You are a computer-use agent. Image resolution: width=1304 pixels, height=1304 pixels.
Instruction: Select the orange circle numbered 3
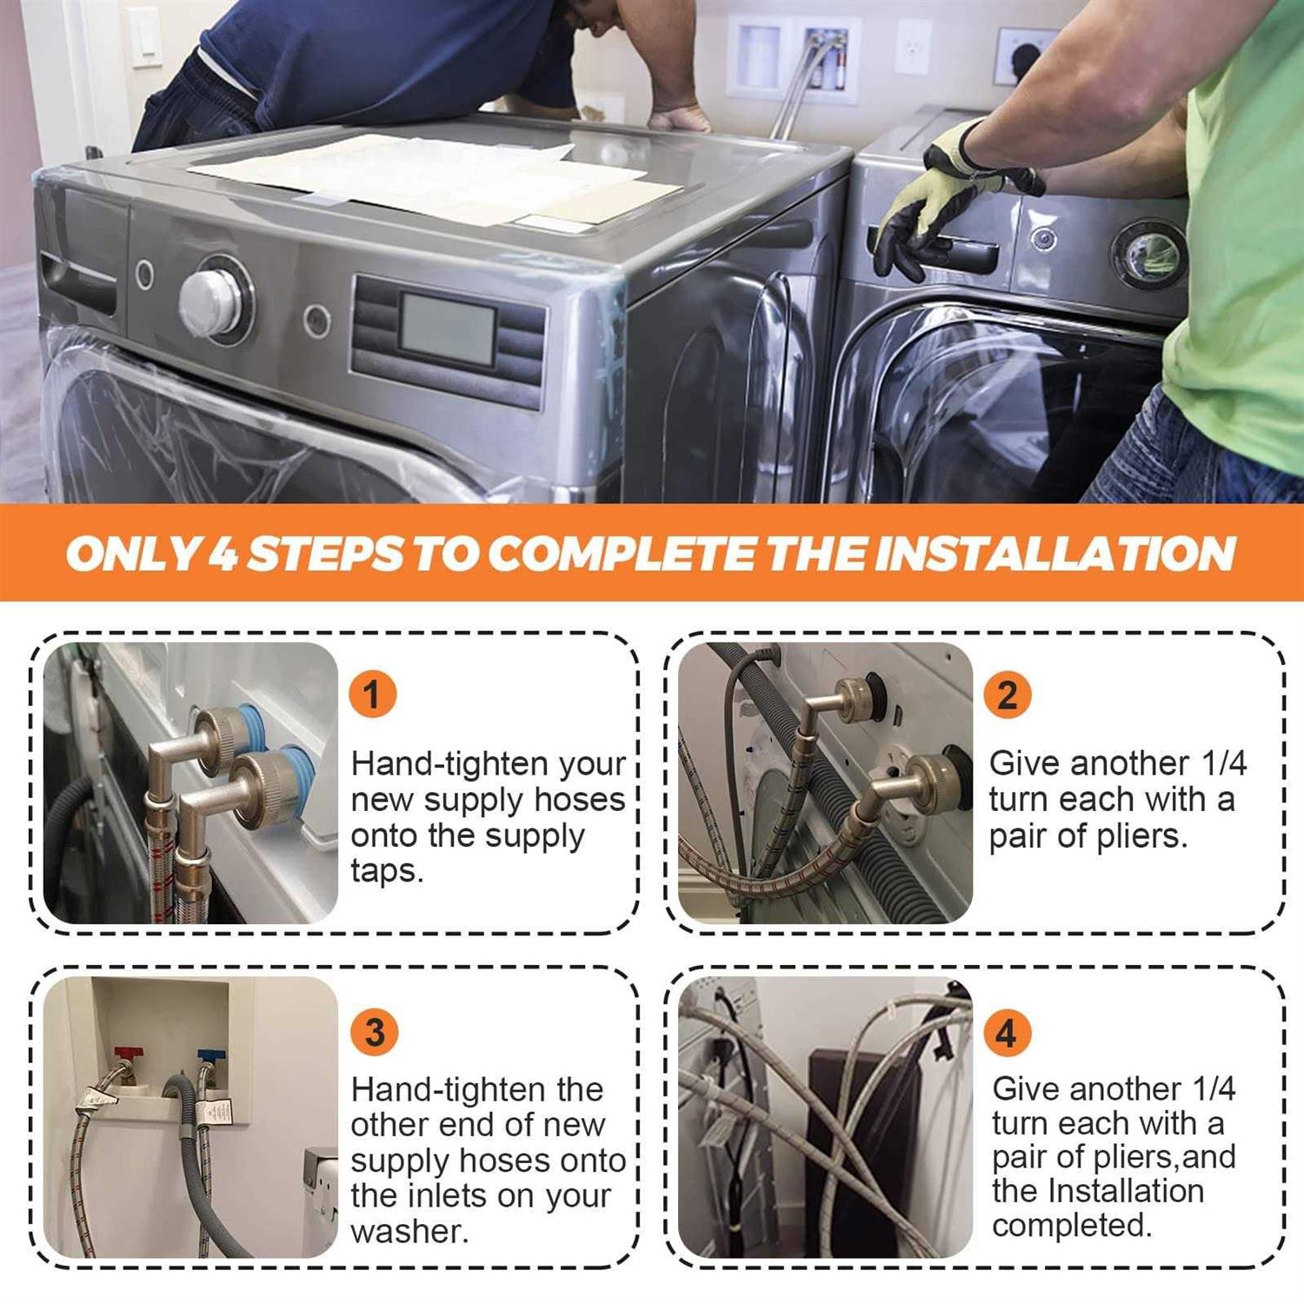coord(375,1032)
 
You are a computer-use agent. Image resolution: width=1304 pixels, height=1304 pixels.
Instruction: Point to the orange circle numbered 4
coord(1007,1032)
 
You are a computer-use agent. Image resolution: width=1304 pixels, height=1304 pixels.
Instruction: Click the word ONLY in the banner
coord(131,554)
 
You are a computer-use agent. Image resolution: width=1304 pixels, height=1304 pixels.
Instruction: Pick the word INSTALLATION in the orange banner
coord(1055,553)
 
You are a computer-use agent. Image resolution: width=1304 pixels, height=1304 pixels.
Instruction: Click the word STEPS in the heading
coord(325,554)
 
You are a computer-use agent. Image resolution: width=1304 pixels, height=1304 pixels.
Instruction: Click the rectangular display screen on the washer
coord(448,329)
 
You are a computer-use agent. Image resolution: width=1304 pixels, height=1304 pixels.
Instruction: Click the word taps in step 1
coord(387,870)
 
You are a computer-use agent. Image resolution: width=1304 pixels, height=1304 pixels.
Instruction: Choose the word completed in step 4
coord(1072,1225)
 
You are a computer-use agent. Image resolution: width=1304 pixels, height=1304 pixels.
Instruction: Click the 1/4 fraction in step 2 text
coord(1224,763)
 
